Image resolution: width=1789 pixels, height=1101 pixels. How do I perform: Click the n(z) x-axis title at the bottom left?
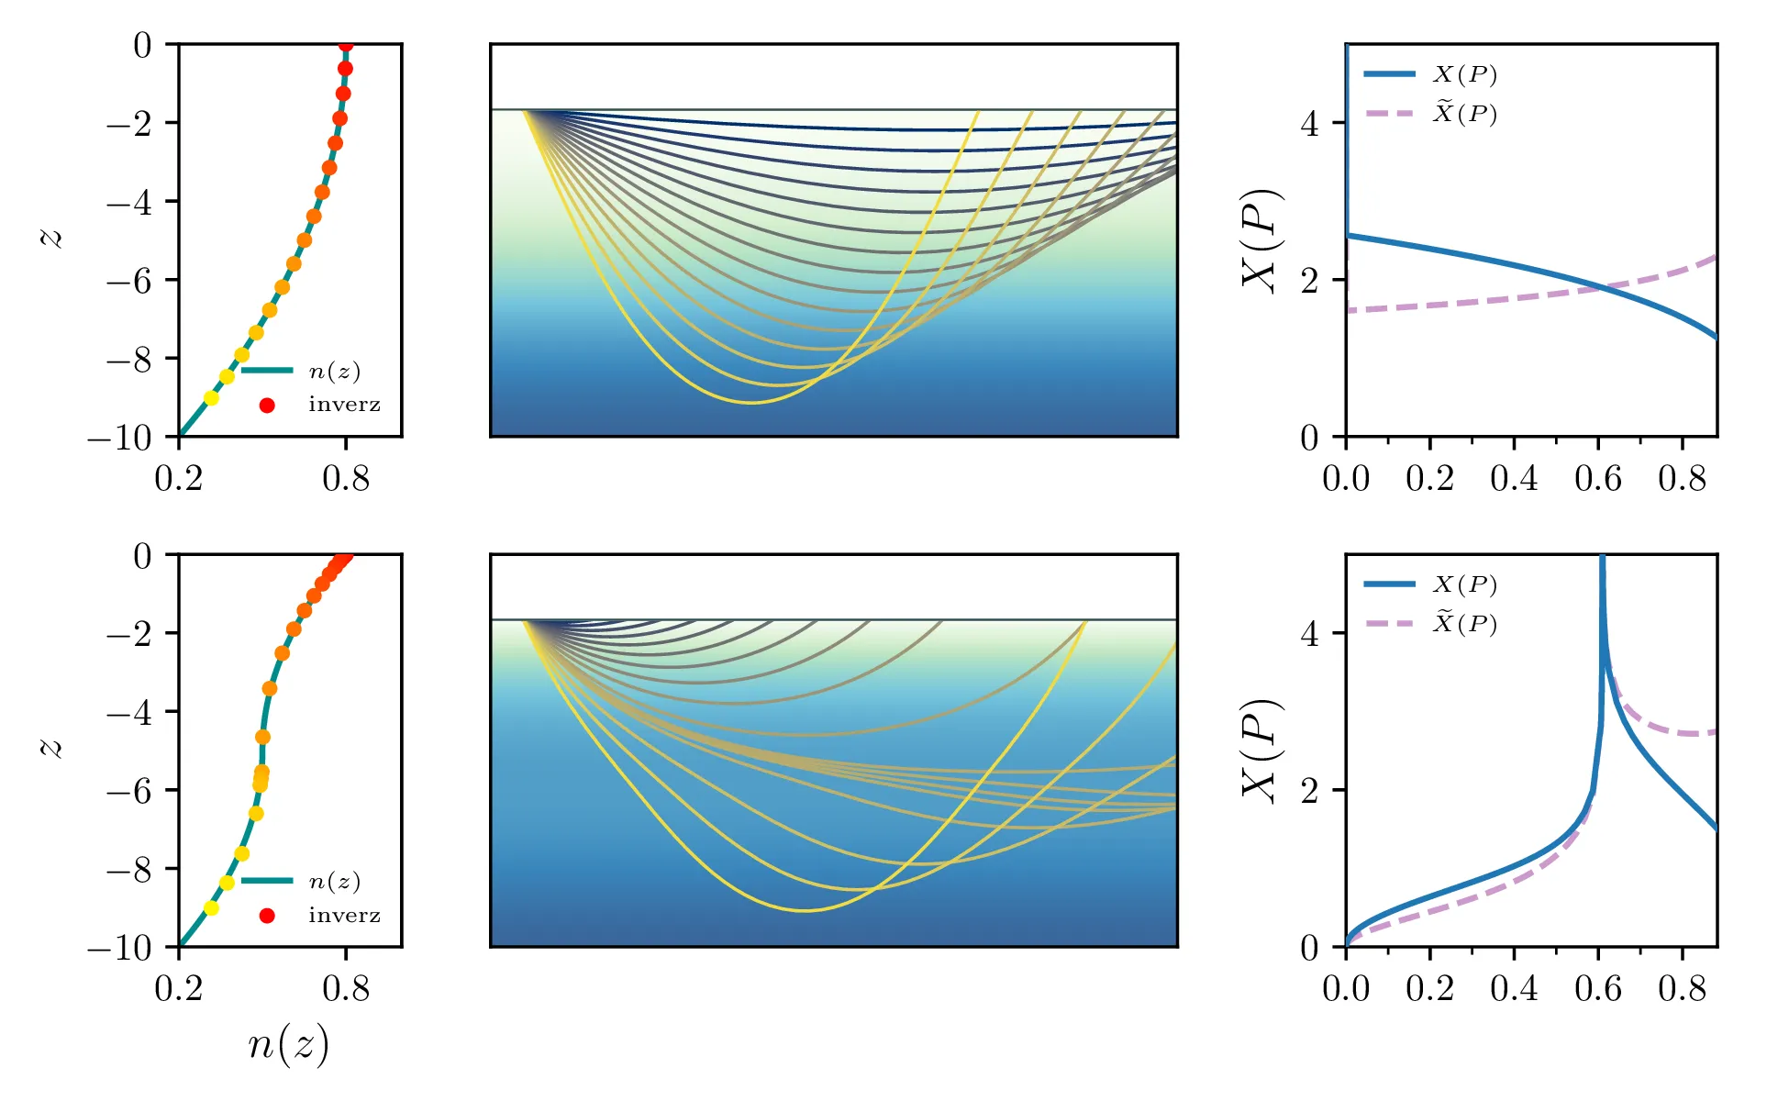tap(288, 1045)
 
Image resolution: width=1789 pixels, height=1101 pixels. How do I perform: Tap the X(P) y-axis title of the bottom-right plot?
tap(1261, 751)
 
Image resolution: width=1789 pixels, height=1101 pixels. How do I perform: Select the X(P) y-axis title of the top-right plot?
tap(1261, 240)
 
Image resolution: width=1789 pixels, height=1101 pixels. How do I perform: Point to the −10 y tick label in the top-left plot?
tap(119, 438)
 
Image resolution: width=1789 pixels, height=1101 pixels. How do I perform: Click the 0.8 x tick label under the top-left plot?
tap(346, 479)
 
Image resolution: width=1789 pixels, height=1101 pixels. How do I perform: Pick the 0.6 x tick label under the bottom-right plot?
tap(1598, 989)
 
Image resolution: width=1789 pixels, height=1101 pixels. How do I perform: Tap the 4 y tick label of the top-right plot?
tap(1310, 123)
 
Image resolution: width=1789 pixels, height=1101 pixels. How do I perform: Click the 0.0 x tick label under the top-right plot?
tap(1346, 479)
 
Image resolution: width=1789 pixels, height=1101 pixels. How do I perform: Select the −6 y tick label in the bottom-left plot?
tap(128, 790)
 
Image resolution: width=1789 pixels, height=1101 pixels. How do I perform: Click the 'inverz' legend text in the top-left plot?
tap(344, 405)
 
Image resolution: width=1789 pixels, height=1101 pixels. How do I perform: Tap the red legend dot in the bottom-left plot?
tap(267, 915)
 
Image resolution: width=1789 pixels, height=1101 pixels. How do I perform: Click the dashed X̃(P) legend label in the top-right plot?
tap(1465, 113)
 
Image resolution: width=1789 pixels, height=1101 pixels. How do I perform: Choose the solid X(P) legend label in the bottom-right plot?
tap(1465, 584)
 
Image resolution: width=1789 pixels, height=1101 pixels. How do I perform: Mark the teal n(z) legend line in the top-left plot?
tap(267, 371)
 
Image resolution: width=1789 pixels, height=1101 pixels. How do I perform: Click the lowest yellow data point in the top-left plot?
tap(211, 398)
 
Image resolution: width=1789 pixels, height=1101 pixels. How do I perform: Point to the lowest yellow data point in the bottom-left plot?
tap(211, 908)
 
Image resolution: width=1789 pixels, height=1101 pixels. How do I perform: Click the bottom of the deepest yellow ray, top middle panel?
tap(750, 403)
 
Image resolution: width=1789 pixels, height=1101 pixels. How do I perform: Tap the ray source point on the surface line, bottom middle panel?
tap(524, 620)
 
